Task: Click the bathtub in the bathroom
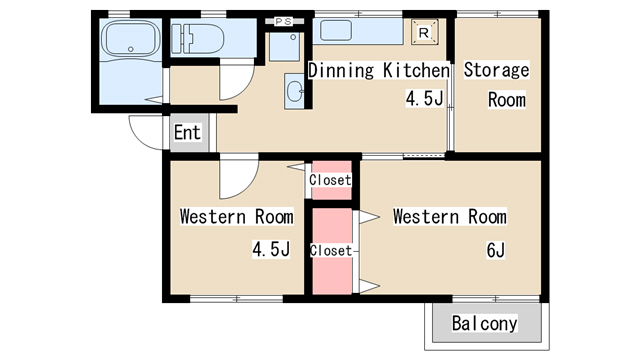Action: click(131, 38)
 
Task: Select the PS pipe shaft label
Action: click(283, 21)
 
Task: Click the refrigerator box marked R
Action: click(424, 32)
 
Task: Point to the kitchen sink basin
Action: click(336, 31)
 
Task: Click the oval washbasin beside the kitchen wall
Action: click(294, 91)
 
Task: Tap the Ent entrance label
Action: click(187, 132)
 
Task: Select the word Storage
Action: click(496, 70)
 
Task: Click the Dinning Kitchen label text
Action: click(378, 70)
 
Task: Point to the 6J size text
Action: click(496, 249)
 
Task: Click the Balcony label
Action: click(484, 323)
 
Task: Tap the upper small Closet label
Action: click(330, 180)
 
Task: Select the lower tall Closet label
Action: click(331, 251)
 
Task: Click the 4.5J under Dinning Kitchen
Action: click(424, 98)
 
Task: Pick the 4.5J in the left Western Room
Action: click(271, 249)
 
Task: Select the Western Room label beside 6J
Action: click(449, 216)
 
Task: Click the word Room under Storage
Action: click(507, 100)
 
